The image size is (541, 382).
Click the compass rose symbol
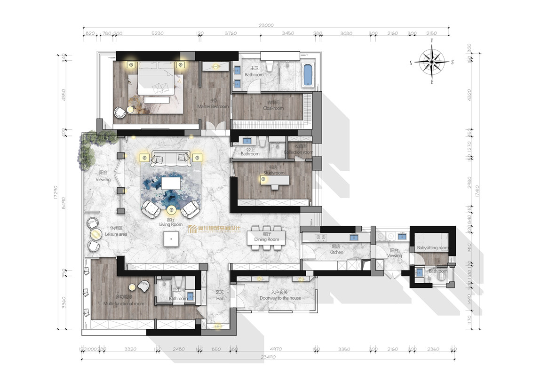pos(431,62)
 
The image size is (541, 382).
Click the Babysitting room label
pos(432,248)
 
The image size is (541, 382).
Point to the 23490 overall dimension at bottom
pos(265,357)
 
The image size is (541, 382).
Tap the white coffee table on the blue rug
pos(171,182)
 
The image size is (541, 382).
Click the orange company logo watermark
pos(215,229)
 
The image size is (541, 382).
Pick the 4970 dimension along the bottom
pos(277,349)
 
